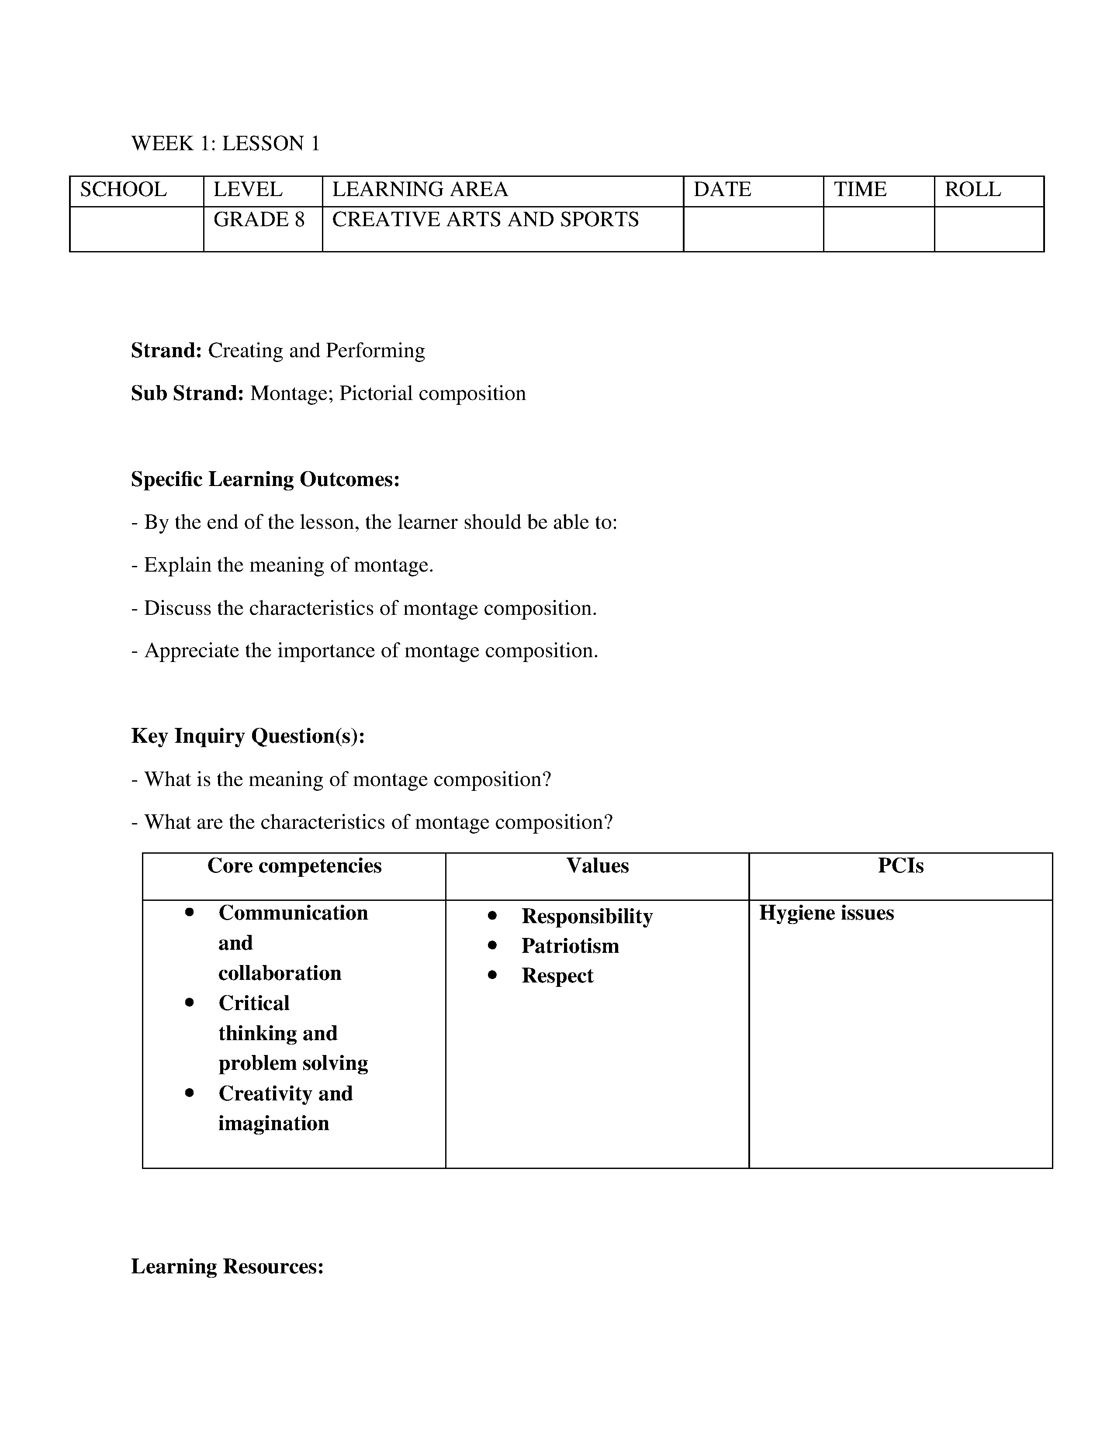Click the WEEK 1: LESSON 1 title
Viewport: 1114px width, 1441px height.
(x=225, y=143)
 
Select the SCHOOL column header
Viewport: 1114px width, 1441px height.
(x=123, y=190)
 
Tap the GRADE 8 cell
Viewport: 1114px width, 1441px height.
(x=259, y=220)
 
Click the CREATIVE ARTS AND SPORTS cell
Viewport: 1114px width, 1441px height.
(x=485, y=220)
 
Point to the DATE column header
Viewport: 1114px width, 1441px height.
(x=722, y=190)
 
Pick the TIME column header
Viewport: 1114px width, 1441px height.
(x=860, y=190)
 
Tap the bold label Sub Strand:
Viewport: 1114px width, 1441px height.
(x=187, y=393)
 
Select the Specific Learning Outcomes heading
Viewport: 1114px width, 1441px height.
(x=265, y=479)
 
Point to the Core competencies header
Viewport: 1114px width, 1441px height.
(x=294, y=865)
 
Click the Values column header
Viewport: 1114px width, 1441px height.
(x=597, y=865)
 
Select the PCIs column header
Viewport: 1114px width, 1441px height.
(x=900, y=865)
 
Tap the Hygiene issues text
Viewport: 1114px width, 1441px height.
(x=826, y=913)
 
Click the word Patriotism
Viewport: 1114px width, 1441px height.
(x=570, y=946)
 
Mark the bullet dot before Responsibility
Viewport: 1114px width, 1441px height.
(x=492, y=916)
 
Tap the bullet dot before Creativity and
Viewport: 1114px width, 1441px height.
(x=190, y=1093)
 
